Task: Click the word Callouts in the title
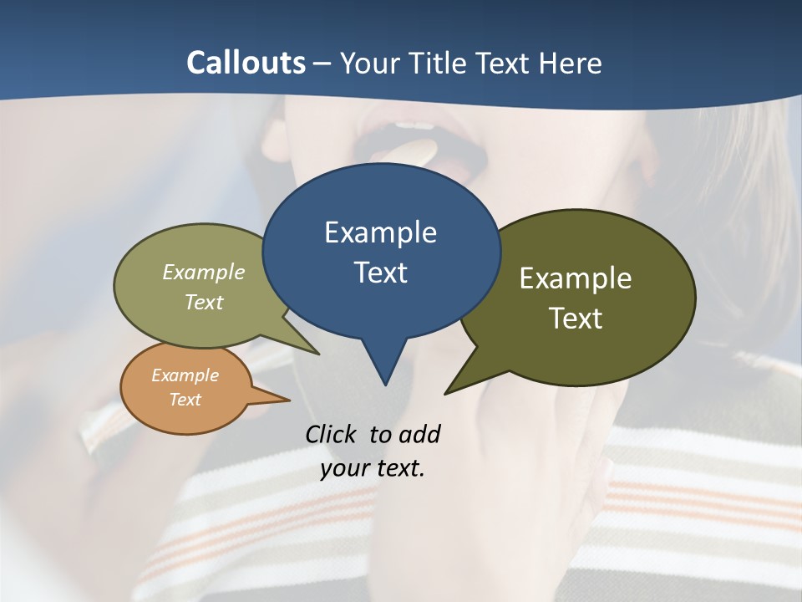(246, 63)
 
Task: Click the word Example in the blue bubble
(380, 232)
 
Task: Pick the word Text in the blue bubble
(380, 272)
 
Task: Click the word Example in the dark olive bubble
(575, 278)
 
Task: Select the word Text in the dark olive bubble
(575, 318)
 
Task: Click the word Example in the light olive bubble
(204, 272)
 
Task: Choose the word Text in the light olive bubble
(204, 302)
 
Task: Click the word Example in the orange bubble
(185, 375)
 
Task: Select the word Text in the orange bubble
(185, 399)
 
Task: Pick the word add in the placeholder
(419, 434)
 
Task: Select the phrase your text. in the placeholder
(373, 467)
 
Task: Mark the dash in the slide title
(323, 63)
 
